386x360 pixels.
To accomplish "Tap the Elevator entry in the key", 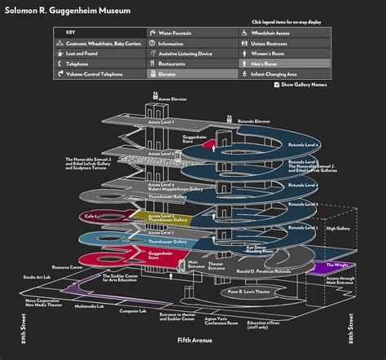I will [169, 73].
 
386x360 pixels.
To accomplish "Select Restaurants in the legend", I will [173, 63].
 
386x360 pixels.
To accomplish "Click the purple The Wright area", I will [336, 266].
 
